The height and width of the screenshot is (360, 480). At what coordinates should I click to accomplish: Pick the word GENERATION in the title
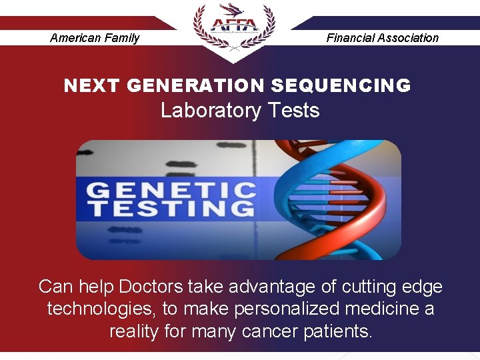[x=195, y=86]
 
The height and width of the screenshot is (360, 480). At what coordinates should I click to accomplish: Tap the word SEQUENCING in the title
[x=341, y=86]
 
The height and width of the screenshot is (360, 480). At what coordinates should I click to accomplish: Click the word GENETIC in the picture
[x=171, y=190]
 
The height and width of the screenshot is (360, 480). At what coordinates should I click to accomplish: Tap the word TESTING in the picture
[x=171, y=208]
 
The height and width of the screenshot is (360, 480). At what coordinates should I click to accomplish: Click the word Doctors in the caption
[x=151, y=287]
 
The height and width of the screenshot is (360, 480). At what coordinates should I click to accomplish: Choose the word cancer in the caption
[x=277, y=331]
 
